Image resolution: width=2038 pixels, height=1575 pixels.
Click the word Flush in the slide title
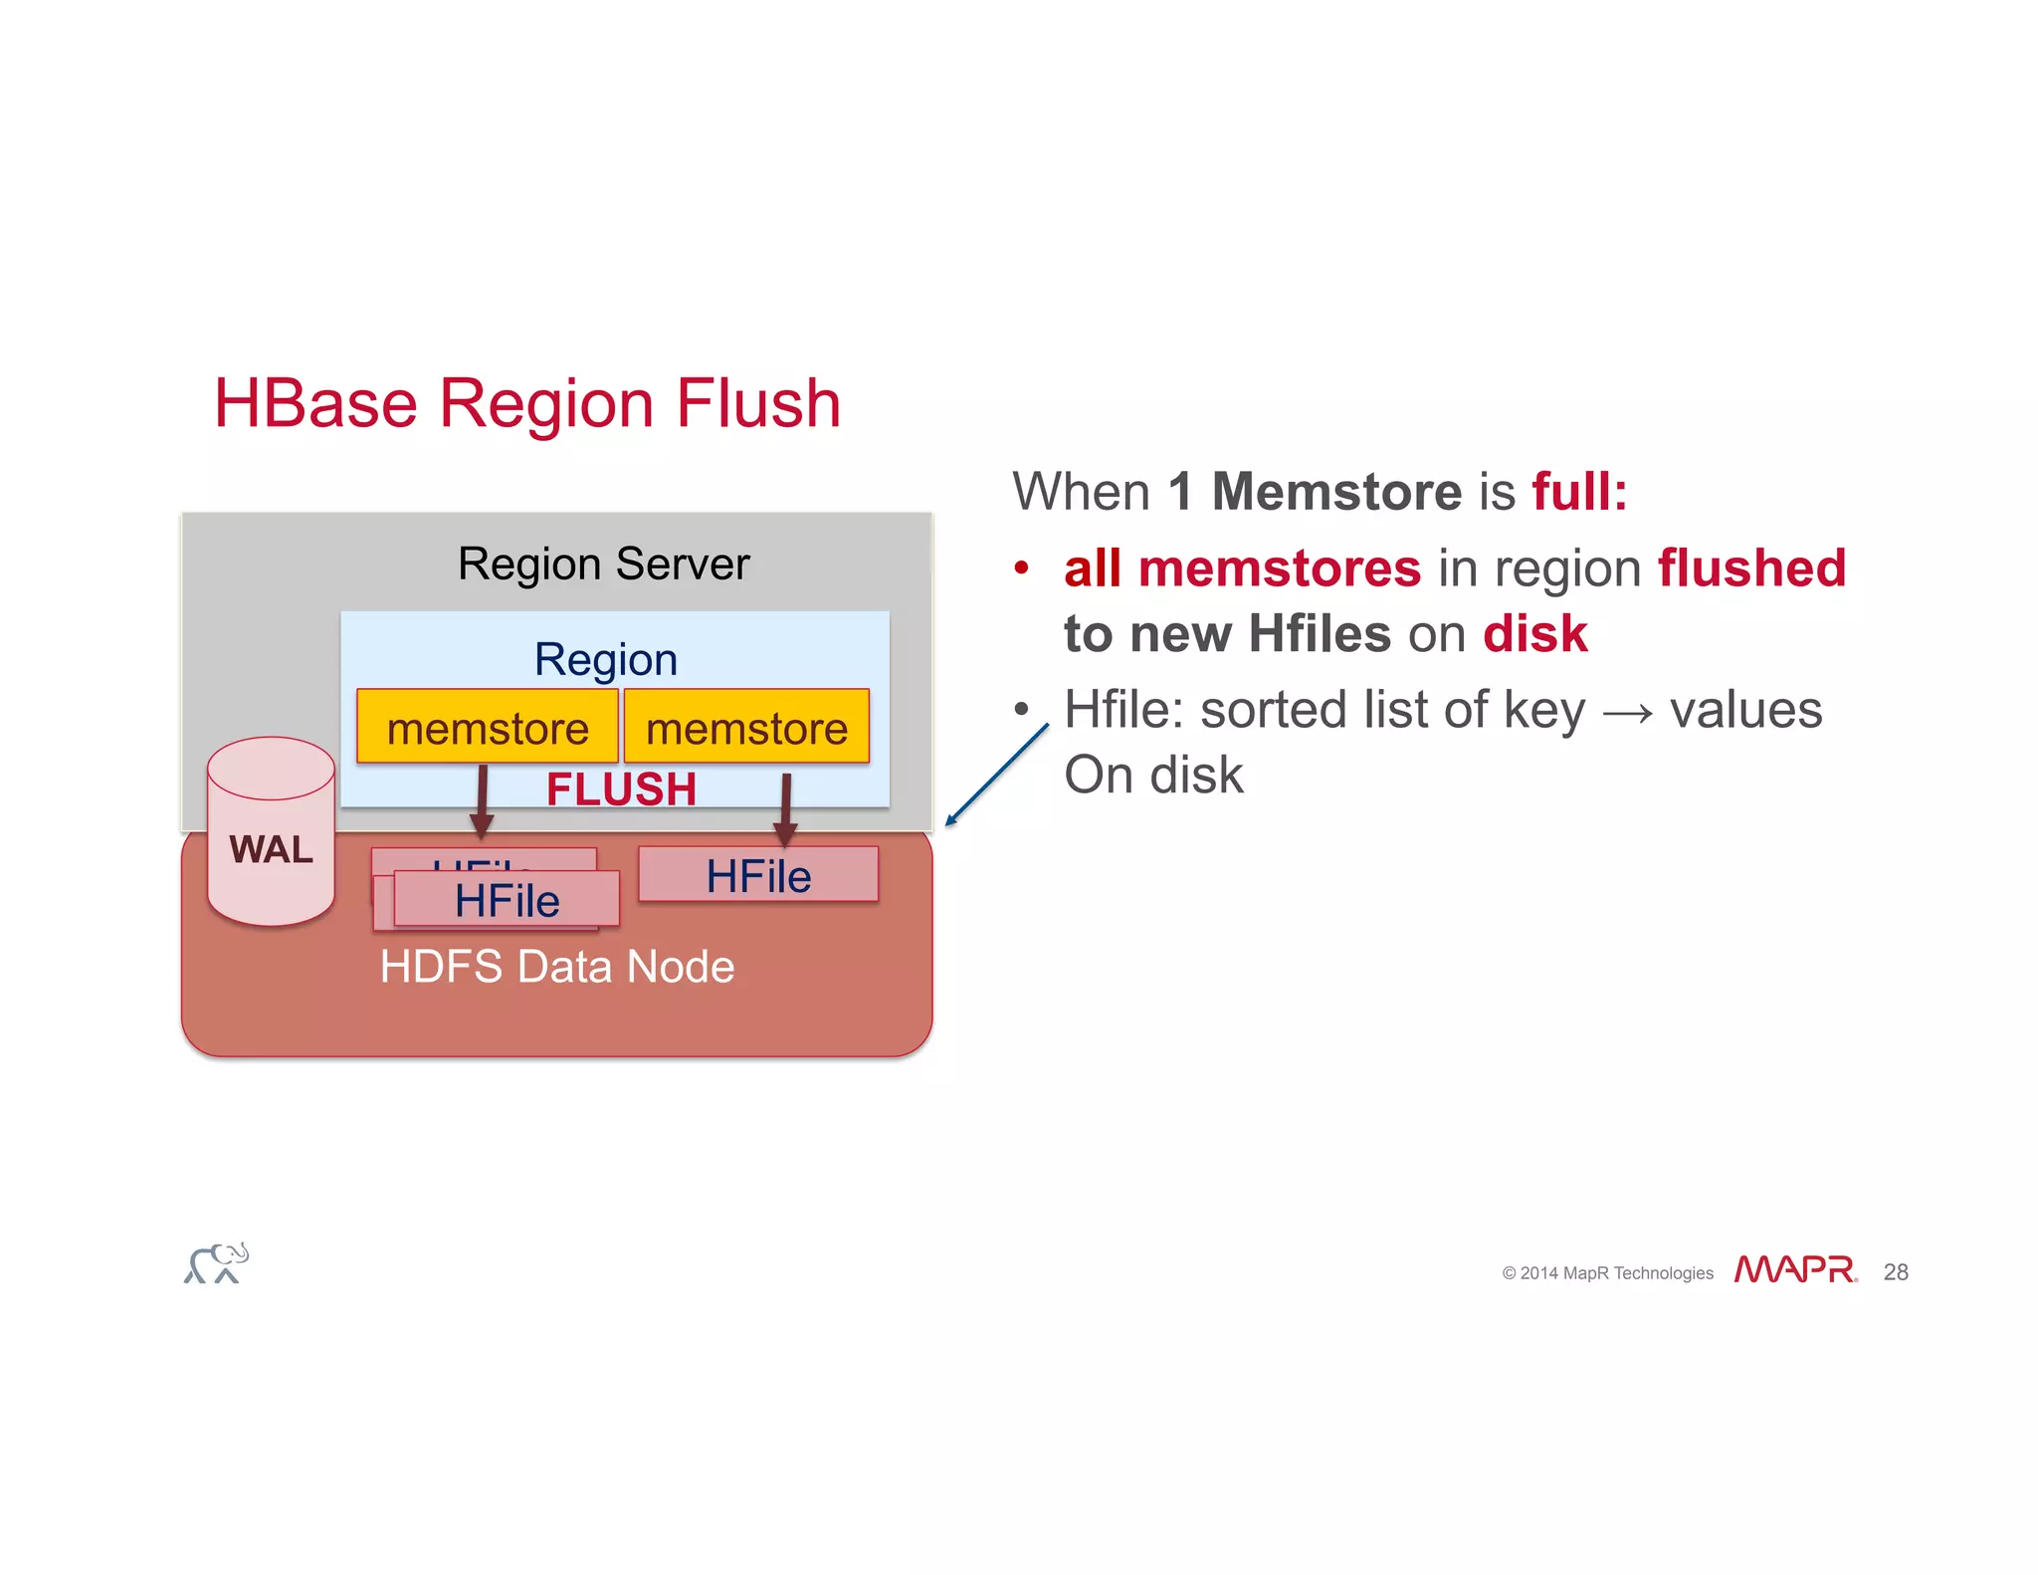click(x=758, y=403)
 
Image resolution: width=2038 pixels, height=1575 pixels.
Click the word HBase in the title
click(x=315, y=403)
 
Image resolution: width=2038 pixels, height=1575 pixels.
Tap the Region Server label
click(x=603, y=563)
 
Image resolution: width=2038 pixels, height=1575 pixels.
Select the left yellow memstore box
click(x=488, y=728)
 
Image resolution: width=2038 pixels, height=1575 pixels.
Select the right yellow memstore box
click(x=746, y=728)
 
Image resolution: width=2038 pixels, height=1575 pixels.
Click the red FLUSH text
click(x=621, y=789)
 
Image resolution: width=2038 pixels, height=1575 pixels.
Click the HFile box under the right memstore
click(x=758, y=875)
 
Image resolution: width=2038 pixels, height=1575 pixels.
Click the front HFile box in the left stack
click(x=507, y=900)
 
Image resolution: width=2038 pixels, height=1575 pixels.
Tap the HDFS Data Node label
click(x=557, y=967)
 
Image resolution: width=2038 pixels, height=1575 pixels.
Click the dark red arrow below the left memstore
click(x=482, y=801)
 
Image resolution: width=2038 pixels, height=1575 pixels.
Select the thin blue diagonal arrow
click(x=997, y=775)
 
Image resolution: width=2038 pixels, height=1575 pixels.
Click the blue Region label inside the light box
click(x=605, y=659)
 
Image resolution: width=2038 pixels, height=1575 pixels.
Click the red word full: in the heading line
click(x=1579, y=492)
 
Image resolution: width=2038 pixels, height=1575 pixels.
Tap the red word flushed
click(x=1751, y=568)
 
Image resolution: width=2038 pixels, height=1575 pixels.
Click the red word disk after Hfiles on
click(x=1534, y=634)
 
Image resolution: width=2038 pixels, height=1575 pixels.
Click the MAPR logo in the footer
click(x=1795, y=1270)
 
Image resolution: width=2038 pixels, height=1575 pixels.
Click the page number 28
click(x=1896, y=1272)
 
